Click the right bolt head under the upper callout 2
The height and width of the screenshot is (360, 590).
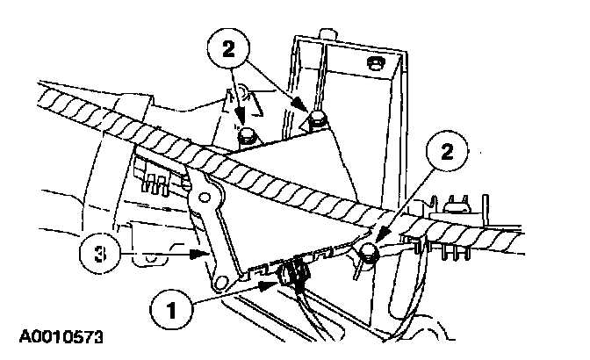click(317, 119)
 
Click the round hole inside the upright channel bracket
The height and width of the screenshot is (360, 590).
click(376, 64)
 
